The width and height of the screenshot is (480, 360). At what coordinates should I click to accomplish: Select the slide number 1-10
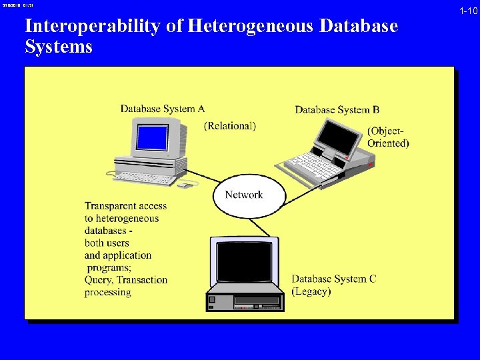coord(468,11)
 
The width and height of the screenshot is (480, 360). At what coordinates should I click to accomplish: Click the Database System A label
coord(162,109)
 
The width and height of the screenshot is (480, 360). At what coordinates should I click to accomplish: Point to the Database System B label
coord(337,110)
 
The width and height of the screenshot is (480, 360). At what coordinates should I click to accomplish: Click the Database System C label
coord(334,279)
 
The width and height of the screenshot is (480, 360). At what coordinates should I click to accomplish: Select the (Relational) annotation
coord(230,125)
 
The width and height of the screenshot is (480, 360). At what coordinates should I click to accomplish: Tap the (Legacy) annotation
coord(311,291)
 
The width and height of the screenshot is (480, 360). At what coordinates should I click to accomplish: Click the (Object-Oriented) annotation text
coord(388,137)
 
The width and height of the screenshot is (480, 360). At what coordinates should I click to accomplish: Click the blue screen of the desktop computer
coord(152,138)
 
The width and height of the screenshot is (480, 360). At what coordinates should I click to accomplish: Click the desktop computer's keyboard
coord(144,178)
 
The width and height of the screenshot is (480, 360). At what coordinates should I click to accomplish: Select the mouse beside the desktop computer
coord(183,185)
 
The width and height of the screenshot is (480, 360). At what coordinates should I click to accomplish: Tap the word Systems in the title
coord(59,47)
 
